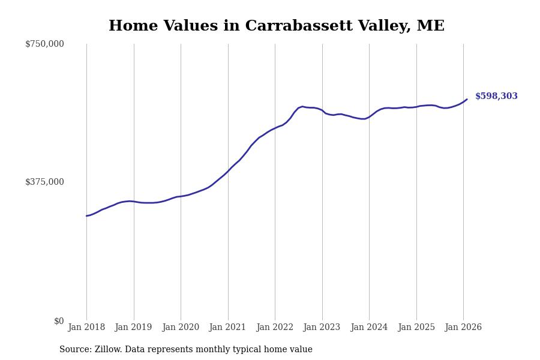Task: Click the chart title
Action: point(277,26)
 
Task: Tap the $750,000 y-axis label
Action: point(44,44)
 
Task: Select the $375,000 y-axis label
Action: point(44,182)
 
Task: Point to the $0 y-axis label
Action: point(59,321)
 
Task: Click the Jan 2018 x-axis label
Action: point(86,328)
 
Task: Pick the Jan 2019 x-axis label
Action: point(133,328)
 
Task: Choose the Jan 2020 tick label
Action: point(181,328)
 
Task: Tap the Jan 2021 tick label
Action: point(227,328)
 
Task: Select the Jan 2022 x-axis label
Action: point(275,328)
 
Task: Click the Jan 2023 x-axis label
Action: point(322,328)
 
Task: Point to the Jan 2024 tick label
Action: point(369,328)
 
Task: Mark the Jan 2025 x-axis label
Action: point(416,328)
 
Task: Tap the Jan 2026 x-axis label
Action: point(463,328)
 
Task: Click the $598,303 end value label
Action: point(496,97)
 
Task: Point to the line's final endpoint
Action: point(467,100)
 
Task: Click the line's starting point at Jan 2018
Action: point(86,216)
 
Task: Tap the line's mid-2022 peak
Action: point(302,106)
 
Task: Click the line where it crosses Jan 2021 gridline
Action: point(228,171)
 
